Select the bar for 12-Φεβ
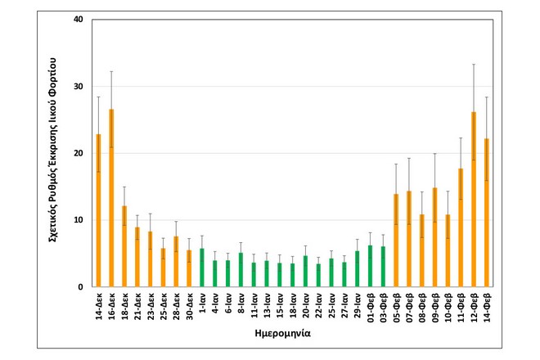tap(474, 200)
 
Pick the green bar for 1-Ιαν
tap(202, 268)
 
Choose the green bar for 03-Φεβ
tap(383, 267)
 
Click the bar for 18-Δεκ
tap(124, 246)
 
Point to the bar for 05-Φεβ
tap(396, 241)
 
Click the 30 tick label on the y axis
tap(78, 86)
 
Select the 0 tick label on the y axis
tap(80, 287)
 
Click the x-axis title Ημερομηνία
tap(292, 335)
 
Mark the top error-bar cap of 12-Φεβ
tap(474, 64)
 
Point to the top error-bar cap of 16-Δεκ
tap(111, 71)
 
